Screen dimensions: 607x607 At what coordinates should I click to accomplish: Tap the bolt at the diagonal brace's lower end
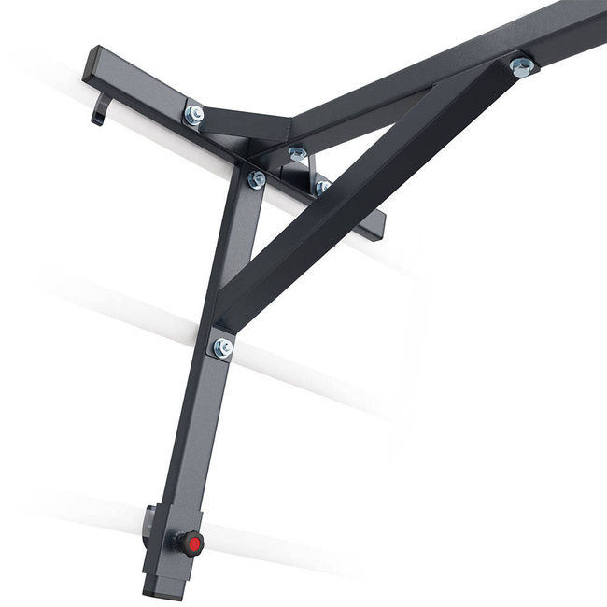(222, 347)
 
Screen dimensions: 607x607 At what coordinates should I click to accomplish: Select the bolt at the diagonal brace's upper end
(522, 66)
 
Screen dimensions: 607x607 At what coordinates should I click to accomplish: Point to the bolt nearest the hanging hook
(194, 114)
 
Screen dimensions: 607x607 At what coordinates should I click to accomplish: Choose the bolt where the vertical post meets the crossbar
(256, 178)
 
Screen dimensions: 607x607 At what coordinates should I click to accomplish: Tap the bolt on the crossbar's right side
(322, 188)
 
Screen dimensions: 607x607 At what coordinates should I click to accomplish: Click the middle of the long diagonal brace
(364, 187)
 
